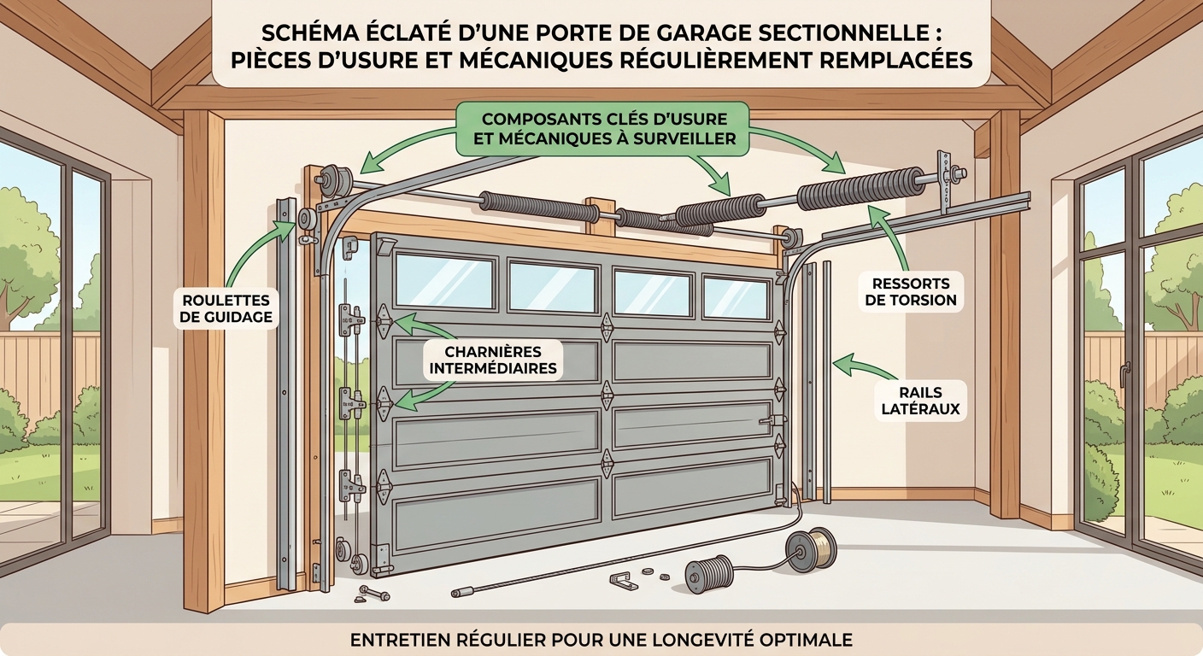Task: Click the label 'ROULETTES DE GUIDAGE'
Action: click(227, 308)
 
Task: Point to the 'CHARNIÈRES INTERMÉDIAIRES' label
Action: click(492, 360)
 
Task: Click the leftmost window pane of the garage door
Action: click(444, 281)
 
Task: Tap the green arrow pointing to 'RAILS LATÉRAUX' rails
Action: click(863, 368)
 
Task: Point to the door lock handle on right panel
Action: click(772, 419)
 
